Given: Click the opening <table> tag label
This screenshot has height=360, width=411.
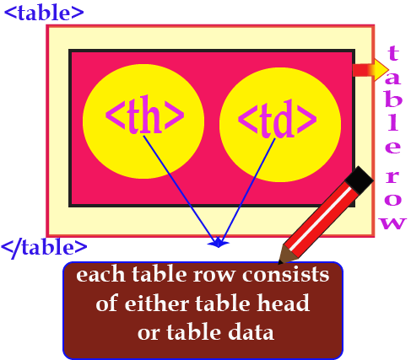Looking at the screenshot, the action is point(44,13).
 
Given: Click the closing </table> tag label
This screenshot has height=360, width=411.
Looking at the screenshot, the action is point(44,248).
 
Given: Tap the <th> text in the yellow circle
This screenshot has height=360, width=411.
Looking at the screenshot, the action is point(144,115).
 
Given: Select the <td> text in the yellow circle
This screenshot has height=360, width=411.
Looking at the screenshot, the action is point(278,119).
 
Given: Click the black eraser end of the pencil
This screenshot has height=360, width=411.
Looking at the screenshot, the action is point(359,180).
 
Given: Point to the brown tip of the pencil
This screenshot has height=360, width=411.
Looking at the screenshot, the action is point(286,255).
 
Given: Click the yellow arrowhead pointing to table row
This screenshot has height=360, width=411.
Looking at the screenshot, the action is point(381,70).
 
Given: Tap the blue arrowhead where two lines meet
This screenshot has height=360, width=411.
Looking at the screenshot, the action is point(219,243).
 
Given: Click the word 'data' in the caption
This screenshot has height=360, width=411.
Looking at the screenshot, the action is point(251,332).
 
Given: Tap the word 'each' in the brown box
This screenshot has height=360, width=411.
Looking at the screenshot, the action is point(100,275).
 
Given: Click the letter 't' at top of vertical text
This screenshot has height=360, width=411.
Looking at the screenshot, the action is point(393,53).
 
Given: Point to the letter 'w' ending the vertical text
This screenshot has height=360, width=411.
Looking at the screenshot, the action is point(392,223).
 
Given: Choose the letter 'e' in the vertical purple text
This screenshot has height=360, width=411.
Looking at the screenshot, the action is point(392,148).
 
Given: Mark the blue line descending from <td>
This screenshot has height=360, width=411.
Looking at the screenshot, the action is point(247,191).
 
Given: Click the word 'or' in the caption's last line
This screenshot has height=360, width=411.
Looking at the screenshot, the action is point(149,333).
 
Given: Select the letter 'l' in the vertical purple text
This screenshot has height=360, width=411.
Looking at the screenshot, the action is point(393,123).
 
